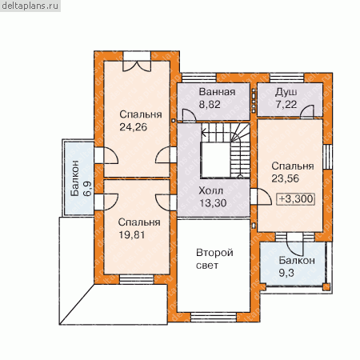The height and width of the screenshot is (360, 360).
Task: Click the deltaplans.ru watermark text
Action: click(30, 6)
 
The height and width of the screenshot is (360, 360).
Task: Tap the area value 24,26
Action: click(133, 127)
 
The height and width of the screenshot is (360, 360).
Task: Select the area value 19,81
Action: click(132, 235)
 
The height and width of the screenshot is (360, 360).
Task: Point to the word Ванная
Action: click(217, 92)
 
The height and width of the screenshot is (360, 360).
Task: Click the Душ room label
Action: click(286, 93)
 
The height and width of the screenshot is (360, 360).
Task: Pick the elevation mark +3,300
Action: click(296, 199)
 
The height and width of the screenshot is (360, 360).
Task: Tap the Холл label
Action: click(211, 191)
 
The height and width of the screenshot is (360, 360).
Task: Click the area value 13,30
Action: click(213, 203)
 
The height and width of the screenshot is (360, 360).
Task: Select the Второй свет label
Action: click(214, 259)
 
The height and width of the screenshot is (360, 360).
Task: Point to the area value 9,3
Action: click(286, 273)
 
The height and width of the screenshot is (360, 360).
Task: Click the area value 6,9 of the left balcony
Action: click(87, 189)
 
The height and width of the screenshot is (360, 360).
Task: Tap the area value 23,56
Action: click(286, 178)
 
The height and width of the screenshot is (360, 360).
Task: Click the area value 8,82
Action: click(210, 104)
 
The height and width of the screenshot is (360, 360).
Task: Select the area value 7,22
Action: click(286, 105)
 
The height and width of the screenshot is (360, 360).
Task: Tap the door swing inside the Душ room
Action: click(307, 111)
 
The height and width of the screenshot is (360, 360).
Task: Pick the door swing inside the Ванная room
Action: click(189, 115)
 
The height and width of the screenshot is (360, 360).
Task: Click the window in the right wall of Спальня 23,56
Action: click(327, 157)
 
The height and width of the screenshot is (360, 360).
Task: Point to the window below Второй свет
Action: click(214, 317)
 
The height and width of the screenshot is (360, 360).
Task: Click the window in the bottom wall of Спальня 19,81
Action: click(137, 279)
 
